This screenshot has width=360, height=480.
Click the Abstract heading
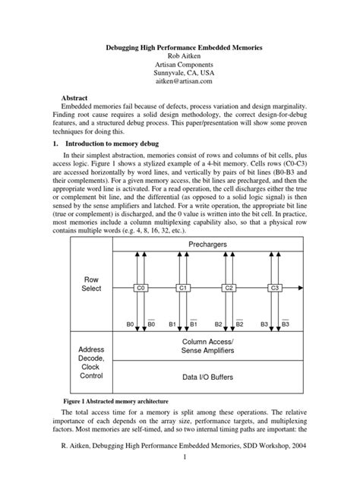tap(78, 99)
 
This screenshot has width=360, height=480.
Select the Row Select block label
tap(91, 285)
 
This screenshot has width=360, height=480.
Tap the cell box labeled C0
tap(140, 289)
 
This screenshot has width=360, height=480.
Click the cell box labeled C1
tap(183, 289)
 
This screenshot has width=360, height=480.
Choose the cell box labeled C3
tap(275, 289)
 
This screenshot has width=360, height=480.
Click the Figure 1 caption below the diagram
tap(114, 399)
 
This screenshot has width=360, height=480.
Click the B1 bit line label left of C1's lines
tap(172, 324)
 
